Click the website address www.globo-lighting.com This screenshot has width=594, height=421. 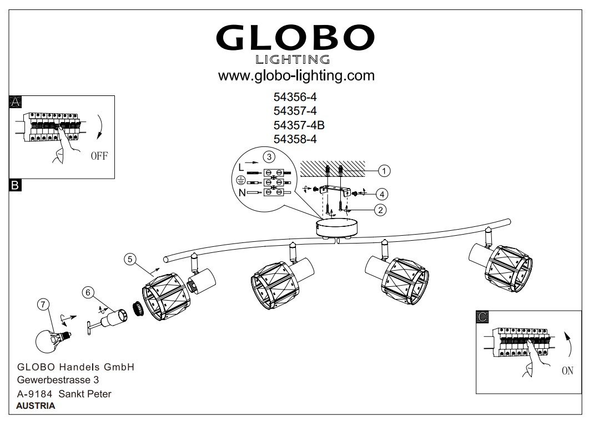click(296, 75)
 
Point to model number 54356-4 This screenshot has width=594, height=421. click(295, 97)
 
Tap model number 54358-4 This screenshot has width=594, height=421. click(295, 140)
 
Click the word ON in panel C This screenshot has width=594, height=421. click(567, 371)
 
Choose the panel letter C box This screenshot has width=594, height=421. click(483, 317)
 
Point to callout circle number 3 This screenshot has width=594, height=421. click(268, 156)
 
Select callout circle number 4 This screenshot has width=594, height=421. click(381, 194)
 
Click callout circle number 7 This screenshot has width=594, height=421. click(43, 304)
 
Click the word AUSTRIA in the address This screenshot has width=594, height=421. click(36, 405)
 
